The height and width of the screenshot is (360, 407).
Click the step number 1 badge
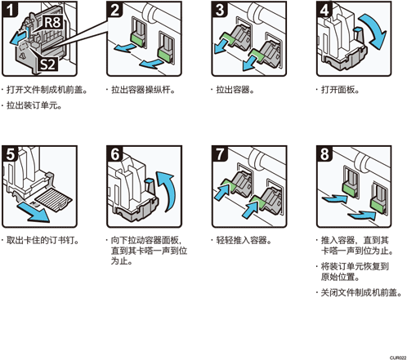pyautogui.click(x=10, y=9)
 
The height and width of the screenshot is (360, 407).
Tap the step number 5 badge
pyautogui.click(x=10, y=154)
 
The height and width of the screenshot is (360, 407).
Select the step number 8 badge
pyautogui.click(x=324, y=154)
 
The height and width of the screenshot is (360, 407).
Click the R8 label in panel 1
pyautogui.click(x=52, y=22)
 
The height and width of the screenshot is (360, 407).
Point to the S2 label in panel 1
pyautogui.click(x=48, y=64)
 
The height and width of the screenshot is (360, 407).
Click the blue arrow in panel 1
pyautogui.click(x=19, y=38)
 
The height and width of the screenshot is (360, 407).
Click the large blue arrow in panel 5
pyautogui.click(x=34, y=211)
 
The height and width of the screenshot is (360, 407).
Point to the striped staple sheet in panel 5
pyautogui.click(x=54, y=199)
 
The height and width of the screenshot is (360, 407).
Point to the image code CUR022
pyautogui.click(x=398, y=358)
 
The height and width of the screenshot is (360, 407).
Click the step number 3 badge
pyautogui.click(x=220, y=9)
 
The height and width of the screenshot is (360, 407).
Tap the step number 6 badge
pyautogui.click(x=114, y=154)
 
